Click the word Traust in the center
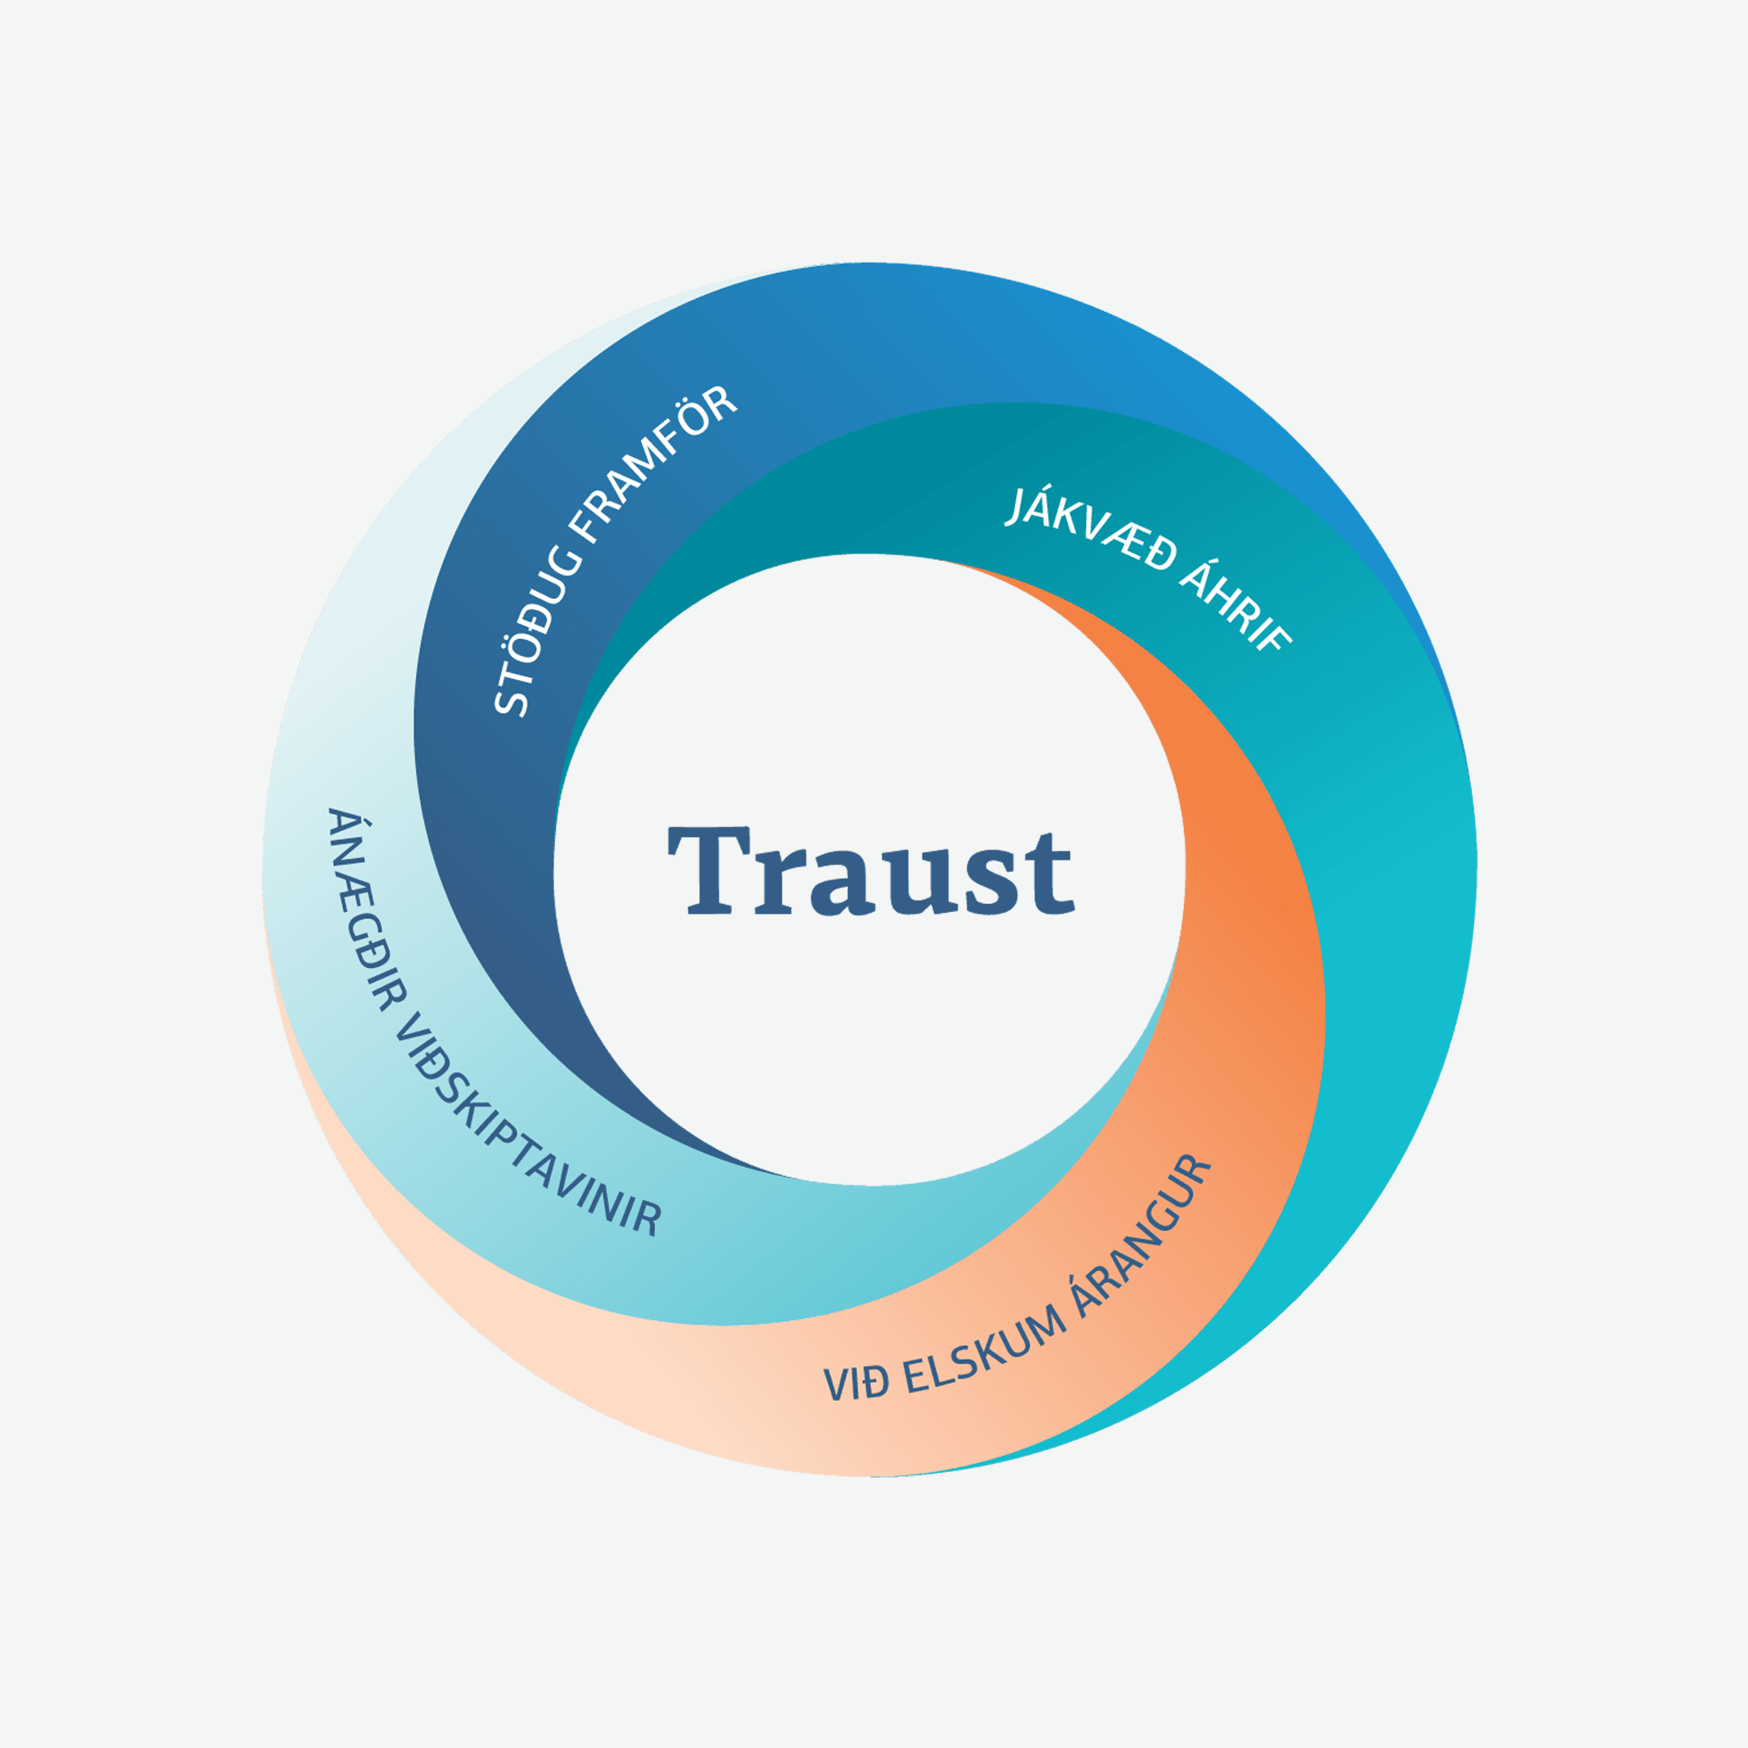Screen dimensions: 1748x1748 point(871,871)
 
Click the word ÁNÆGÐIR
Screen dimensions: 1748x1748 point(362,910)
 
